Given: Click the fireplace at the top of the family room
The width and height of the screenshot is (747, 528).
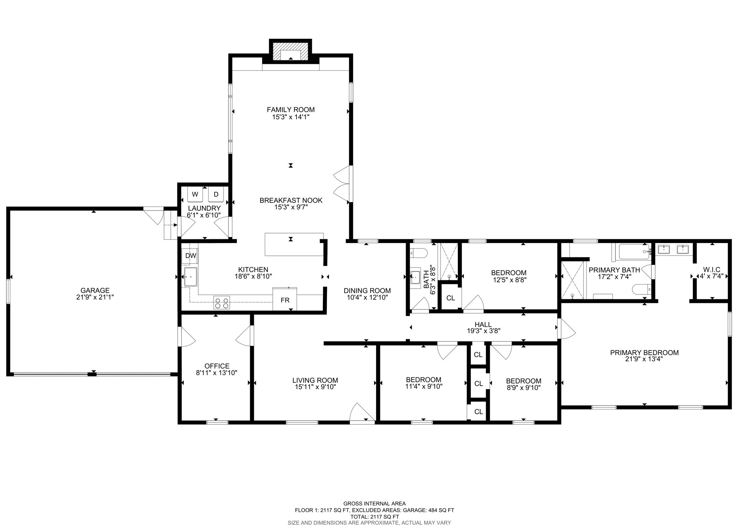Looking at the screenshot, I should (x=290, y=55).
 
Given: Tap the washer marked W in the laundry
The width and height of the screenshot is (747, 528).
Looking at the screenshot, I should (x=195, y=194).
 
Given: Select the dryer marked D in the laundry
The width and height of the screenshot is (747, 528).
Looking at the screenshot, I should (x=216, y=194).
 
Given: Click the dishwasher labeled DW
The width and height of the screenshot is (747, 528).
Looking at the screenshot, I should (x=190, y=256).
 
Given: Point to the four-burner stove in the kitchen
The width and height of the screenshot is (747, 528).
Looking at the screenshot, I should (x=221, y=302).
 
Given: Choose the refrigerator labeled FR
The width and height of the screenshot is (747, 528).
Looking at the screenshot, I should (x=285, y=300).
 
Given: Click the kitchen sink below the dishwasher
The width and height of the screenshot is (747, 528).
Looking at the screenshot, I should (x=190, y=277).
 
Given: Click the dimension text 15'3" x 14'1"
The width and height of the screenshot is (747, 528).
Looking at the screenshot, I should (x=290, y=117).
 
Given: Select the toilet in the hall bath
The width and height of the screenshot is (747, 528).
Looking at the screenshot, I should (x=419, y=253).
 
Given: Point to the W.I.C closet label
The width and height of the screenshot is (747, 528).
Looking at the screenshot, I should (x=711, y=270).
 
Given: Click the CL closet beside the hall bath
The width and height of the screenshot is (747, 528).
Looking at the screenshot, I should (x=450, y=298).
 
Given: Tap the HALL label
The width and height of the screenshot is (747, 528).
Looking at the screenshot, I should (x=483, y=324).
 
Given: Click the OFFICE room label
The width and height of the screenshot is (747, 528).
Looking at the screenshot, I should (x=217, y=366).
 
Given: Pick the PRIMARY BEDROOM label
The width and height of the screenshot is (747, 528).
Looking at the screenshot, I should (x=644, y=352).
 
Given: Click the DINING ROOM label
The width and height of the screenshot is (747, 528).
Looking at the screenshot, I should (x=367, y=290).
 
